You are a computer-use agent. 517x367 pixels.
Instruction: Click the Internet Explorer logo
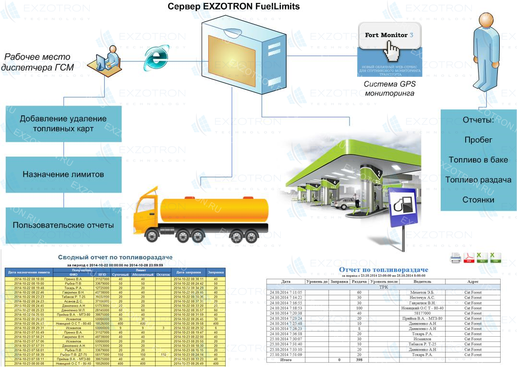pos(157,58)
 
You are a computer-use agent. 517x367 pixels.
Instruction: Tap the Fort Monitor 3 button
pos(389,36)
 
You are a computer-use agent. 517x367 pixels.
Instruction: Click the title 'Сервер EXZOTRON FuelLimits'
pos(234,7)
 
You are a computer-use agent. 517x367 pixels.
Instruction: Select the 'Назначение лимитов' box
pos(63,174)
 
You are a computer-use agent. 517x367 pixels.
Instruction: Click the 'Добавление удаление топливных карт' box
pos(63,123)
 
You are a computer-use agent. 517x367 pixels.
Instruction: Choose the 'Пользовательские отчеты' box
pos(63,225)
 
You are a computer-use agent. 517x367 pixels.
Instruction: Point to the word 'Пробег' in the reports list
pos(478,140)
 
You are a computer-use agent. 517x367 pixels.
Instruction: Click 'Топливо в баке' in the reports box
pos(478,160)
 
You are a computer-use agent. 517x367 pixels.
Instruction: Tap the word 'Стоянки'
pos(478,200)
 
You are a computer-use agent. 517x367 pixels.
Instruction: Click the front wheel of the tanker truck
pos(153,235)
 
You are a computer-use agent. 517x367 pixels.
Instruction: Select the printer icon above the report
pos(456,258)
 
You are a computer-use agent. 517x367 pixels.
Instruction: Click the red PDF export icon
pos(469,258)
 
